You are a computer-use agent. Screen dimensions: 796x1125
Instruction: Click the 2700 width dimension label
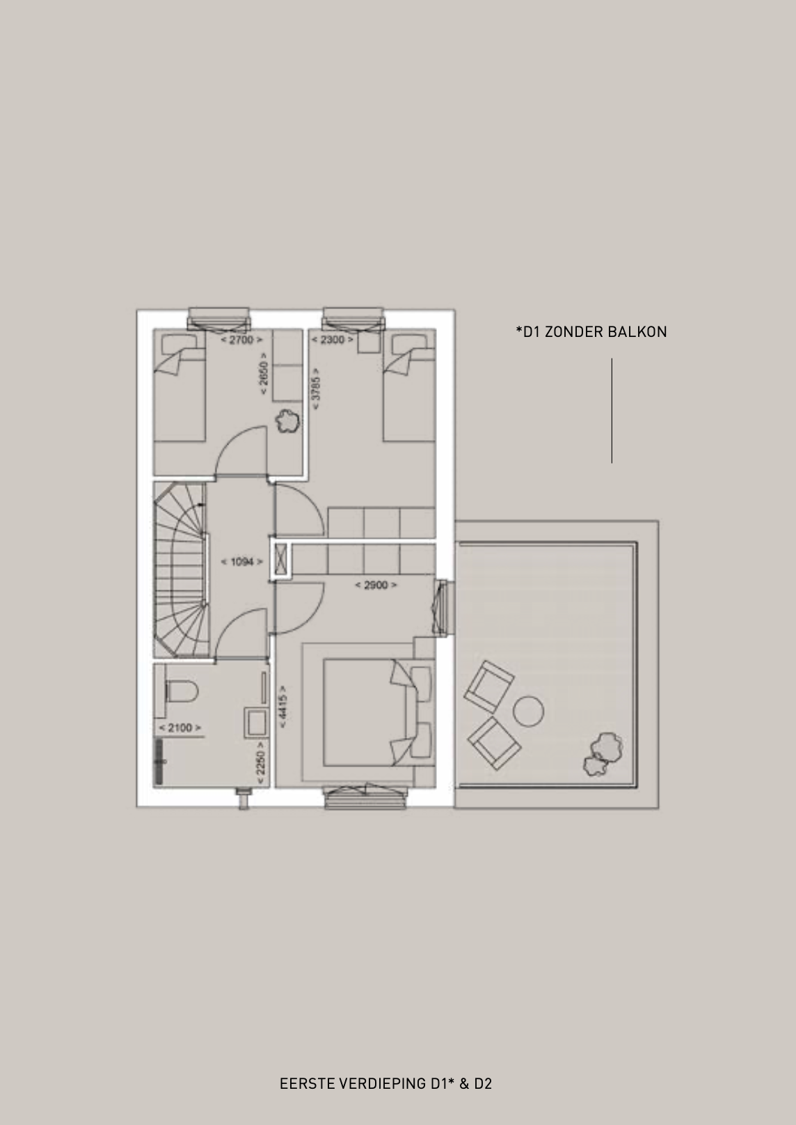click(241, 340)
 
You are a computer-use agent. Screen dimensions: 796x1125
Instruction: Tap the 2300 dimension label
click(333, 340)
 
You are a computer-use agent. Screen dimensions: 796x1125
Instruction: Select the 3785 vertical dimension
click(316, 388)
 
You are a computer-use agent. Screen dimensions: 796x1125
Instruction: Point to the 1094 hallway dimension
click(242, 562)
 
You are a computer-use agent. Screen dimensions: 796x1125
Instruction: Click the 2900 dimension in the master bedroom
click(376, 585)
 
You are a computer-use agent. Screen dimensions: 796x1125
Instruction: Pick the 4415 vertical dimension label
click(282, 707)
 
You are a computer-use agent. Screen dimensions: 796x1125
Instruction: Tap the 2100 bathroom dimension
click(180, 727)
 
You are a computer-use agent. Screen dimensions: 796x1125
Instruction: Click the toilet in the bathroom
click(181, 691)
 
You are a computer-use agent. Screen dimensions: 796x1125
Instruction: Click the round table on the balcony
click(528, 711)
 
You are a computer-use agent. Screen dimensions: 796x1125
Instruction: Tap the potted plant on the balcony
click(603, 754)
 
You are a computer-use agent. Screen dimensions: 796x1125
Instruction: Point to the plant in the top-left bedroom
click(288, 423)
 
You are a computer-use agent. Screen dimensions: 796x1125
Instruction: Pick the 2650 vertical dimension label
click(264, 373)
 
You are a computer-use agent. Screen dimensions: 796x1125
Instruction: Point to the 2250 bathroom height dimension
click(260, 763)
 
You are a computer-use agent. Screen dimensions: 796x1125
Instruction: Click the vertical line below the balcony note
click(612, 410)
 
